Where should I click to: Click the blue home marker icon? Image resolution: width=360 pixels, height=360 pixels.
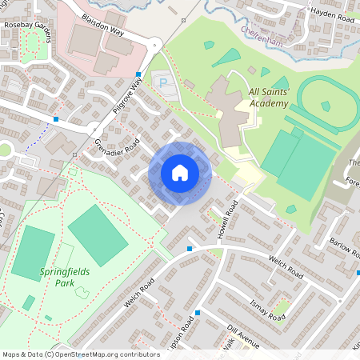(x=180, y=172)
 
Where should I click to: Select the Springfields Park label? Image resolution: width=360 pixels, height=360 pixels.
(x=66, y=277)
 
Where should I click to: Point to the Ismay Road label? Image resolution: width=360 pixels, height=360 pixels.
(x=266, y=306)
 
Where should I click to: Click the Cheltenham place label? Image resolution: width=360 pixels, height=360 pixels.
(x=262, y=30)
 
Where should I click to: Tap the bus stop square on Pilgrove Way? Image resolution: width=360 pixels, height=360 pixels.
(x=138, y=74)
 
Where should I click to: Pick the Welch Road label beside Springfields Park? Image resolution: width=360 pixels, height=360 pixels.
(x=138, y=294)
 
